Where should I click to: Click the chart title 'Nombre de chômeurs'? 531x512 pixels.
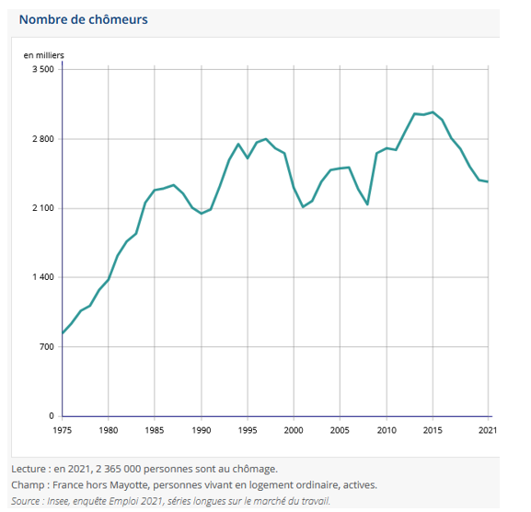coord(83,19)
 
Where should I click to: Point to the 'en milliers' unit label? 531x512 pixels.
coord(44,55)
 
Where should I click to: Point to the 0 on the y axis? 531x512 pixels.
coord(51,416)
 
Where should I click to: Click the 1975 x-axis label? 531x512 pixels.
coord(63,430)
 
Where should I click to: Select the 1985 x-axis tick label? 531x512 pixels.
coord(155,430)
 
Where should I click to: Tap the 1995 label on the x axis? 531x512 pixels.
coord(248,430)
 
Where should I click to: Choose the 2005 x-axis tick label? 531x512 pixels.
coord(341,430)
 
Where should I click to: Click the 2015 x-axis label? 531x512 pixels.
coord(433,430)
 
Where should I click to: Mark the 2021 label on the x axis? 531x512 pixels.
coord(488,430)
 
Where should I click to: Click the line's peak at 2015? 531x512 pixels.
coord(433,111)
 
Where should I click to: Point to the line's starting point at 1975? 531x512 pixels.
coord(63,333)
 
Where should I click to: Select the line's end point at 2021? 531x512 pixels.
coord(488,181)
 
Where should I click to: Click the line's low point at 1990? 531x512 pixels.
coord(201,214)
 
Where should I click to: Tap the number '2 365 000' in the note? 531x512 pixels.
coord(119,469)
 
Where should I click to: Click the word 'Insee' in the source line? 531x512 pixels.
coord(62,501)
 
